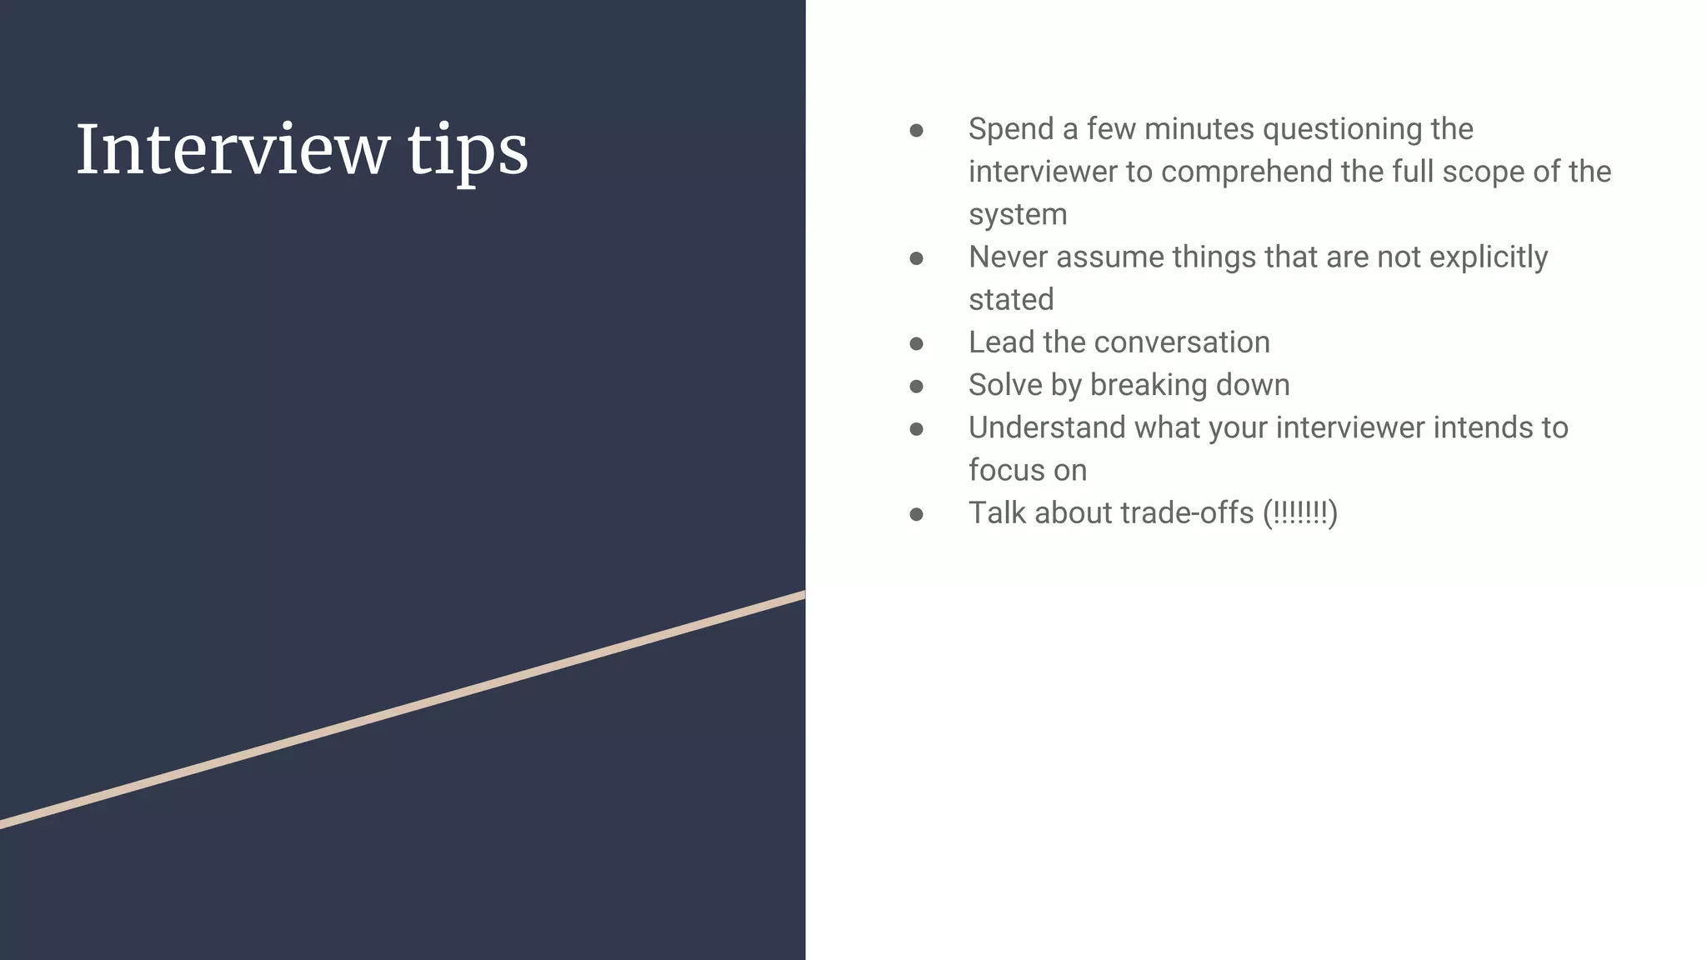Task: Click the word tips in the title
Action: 468,152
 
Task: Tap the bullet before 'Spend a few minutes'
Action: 916,131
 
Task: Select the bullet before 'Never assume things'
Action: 916,259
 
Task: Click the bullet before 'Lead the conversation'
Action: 916,344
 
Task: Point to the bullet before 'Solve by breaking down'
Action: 916,387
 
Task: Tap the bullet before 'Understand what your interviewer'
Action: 916,429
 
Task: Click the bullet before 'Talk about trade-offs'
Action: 916,515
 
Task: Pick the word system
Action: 1018,215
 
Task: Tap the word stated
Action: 1011,300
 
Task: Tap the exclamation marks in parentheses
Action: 1299,513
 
